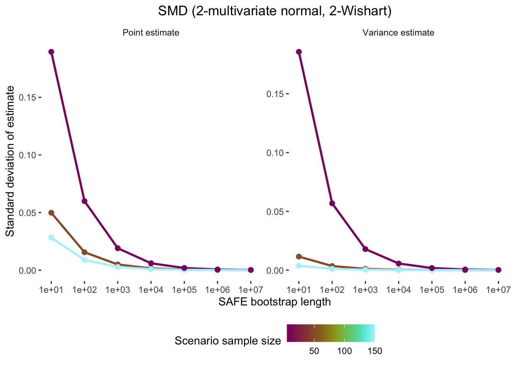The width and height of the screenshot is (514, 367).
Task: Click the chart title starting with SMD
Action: point(275,12)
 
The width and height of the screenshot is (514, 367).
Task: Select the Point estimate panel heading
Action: point(151,33)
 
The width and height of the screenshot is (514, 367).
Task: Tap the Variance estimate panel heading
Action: point(398,33)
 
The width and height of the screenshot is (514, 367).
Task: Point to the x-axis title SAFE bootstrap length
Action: point(274,302)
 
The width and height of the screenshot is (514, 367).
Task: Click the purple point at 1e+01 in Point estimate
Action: point(51,52)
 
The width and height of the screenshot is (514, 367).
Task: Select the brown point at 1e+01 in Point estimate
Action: point(51,213)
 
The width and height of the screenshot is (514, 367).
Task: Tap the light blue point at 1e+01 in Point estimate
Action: point(51,238)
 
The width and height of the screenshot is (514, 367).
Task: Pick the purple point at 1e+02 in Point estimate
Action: point(85,201)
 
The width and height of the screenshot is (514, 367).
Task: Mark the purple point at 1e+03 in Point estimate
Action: point(118,248)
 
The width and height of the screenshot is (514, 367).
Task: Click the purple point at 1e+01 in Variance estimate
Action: point(299,52)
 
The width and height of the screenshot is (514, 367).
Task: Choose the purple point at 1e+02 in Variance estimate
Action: point(332,203)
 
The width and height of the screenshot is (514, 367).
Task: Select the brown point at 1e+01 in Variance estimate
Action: point(299,257)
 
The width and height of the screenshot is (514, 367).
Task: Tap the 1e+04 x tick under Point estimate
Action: point(151,290)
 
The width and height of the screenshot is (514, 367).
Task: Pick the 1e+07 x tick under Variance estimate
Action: point(498,290)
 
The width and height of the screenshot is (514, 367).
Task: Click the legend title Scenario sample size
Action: point(228,341)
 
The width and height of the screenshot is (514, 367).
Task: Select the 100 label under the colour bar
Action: point(345,351)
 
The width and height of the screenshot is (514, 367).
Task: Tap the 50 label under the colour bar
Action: point(314,351)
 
